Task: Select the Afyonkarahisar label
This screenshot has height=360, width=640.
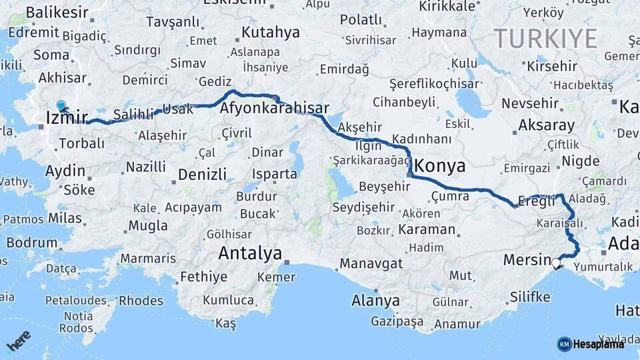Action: [x=275, y=108]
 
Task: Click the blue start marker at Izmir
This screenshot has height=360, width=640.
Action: [x=61, y=105]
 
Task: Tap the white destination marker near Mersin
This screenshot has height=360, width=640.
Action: [x=556, y=263]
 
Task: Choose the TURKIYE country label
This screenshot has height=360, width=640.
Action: [x=545, y=39]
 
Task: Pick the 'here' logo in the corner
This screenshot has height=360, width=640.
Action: [x=19, y=342]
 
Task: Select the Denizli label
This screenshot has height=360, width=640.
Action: [x=203, y=175]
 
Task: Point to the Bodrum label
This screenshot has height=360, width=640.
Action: [x=32, y=243]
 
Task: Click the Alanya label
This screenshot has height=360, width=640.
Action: [x=376, y=301]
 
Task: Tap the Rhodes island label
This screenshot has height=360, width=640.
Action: [x=141, y=301]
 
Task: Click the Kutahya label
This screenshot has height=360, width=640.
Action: [x=271, y=32]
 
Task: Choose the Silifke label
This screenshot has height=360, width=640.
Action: [x=530, y=297]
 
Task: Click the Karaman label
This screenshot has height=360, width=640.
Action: [x=427, y=229]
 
